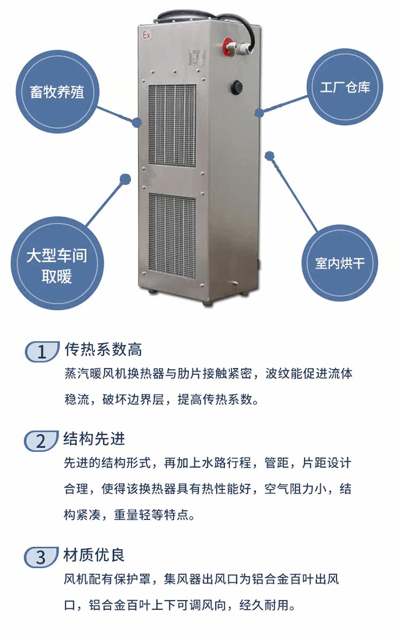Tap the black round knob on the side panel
tap(236, 87)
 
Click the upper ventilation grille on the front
tap(172, 124)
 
